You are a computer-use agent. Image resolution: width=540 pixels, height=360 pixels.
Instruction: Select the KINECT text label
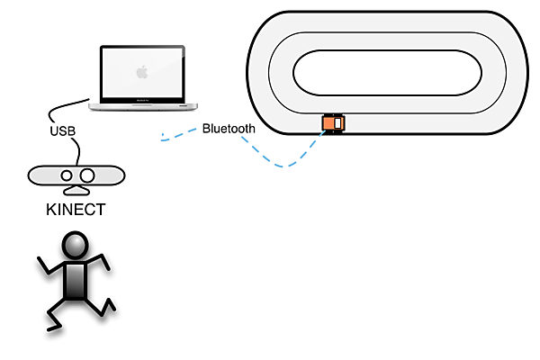tap(76, 211)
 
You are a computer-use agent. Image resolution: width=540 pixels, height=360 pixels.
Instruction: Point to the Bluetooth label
tap(228, 129)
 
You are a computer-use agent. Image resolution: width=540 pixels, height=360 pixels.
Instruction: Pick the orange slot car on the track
tap(334, 123)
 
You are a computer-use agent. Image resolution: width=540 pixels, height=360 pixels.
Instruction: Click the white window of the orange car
tap(338, 124)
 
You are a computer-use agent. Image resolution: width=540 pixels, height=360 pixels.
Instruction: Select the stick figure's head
tap(75, 246)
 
